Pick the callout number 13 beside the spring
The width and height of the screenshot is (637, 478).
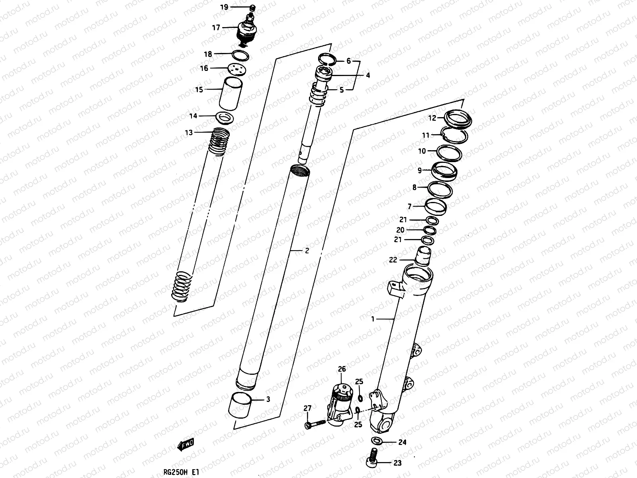coord(188,132)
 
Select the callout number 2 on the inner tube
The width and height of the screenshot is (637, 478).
coord(307,251)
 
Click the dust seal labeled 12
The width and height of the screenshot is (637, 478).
coord(458,118)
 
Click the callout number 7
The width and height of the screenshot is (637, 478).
coord(410,206)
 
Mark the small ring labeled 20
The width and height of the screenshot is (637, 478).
coord(430,231)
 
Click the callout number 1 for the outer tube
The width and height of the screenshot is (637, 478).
coord(373,319)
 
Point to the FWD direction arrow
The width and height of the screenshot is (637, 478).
coord(186,444)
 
